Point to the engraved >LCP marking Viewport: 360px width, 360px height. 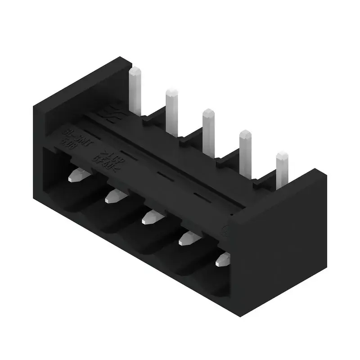[x=105, y=154]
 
